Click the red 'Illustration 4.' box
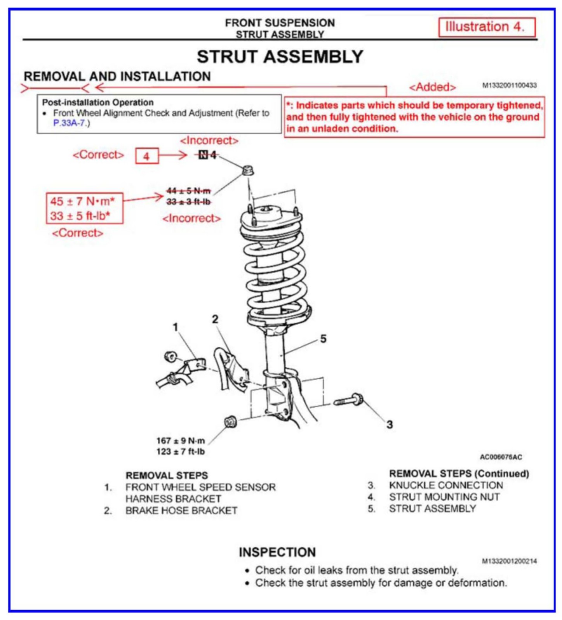pos(487,27)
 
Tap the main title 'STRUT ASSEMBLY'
pos(280,57)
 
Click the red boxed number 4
pos(146,156)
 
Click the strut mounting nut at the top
pos(247,170)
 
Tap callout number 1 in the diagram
pos(176,327)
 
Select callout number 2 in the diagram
pos(215,319)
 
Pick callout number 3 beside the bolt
pos(390,424)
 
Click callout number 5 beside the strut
pos(323,339)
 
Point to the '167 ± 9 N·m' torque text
pos(181,441)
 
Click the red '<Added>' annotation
pos(432,87)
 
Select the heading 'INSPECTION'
pos(277,552)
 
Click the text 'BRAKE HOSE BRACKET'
pos(181,511)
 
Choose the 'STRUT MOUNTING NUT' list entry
pos(444,497)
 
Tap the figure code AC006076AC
pos(501,457)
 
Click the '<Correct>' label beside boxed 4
pos(98,155)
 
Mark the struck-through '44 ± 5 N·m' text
pos(188,191)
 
